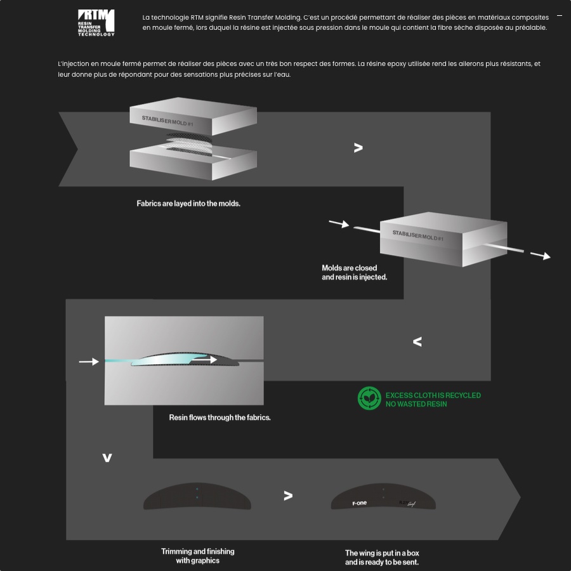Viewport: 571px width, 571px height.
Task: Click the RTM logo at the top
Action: [x=96, y=23]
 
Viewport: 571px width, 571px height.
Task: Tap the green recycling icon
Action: [x=369, y=398]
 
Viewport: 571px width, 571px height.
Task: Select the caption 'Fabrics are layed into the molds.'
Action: [x=188, y=204]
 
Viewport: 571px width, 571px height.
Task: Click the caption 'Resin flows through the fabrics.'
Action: [x=220, y=417]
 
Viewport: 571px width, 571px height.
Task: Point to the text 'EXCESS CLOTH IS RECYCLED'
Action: [x=433, y=395]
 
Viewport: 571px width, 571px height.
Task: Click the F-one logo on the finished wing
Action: [x=360, y=503]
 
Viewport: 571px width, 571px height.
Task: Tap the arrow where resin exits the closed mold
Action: [x=540, y=256]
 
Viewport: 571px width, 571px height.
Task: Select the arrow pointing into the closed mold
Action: [x=339, y=223]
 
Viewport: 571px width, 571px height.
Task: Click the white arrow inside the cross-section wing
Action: [x=204, y=360]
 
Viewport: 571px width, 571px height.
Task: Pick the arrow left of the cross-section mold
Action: [x=89, y=361]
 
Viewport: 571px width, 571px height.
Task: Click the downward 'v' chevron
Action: [x=107, y=457]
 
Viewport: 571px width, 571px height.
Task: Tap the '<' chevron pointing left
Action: [x=417, y=341]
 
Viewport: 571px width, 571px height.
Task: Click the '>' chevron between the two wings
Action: [x=288, y=496]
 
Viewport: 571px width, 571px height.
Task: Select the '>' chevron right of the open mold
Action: [x=358, y=147]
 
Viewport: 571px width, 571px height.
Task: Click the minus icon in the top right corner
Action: [x=560, y=16]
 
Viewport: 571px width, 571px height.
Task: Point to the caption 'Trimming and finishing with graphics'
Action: [x=198, y=556]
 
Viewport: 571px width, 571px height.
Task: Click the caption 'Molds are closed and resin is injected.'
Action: [x=354, y=272]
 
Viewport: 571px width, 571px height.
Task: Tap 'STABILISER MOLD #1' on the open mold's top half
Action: [x=167, y=121]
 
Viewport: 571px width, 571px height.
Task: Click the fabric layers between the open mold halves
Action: [x=189, y=145]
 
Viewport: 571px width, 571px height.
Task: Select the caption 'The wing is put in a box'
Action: [x=382, y=553]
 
